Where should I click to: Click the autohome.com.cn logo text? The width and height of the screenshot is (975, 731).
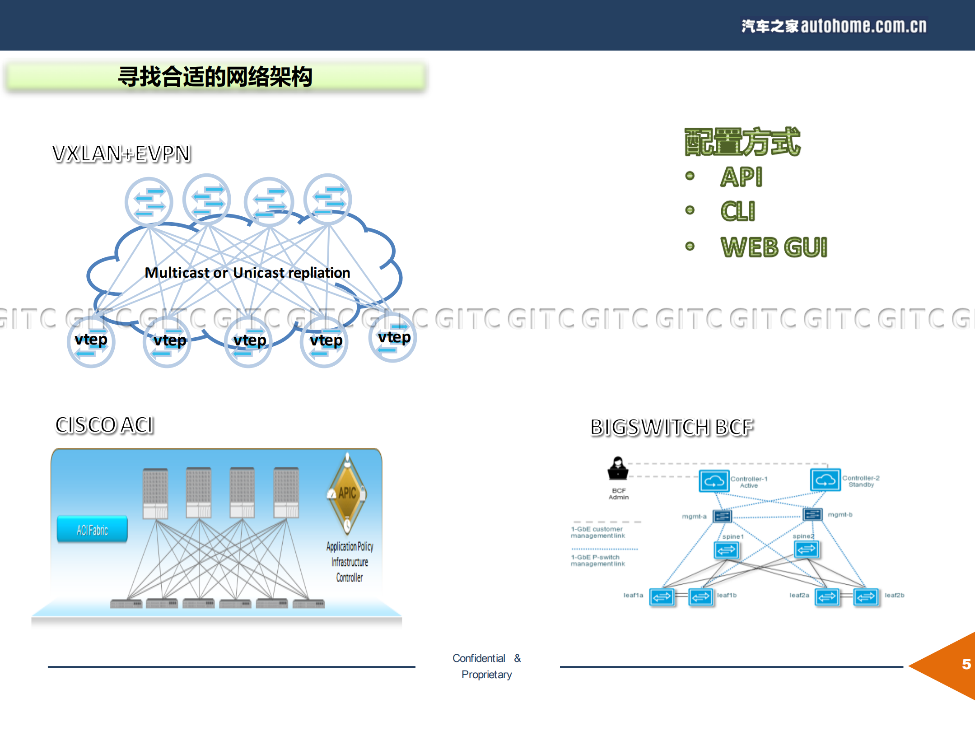pyautogui.click(x=834, y=26)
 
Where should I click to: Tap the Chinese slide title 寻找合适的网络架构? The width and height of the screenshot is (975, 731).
pyautogui.click(x=215, y=76)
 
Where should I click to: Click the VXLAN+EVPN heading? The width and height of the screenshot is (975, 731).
pyautogui.click(x=121, y=154)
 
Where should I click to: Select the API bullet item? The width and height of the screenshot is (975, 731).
pyautogui.click(x=741, y=177)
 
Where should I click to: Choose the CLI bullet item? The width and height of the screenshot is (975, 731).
pyautogui.click(x=737, y=211)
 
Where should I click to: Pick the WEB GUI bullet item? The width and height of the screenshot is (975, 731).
pyautogui.click(x=774, y=247)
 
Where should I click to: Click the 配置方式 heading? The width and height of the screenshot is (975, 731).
pyautogui.click(x=742, y=142)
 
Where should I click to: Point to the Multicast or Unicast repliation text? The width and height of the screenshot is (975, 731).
pyautogui.click(x=247, y=273)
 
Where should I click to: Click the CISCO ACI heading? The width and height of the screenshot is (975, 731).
pyautogui.click(x=104, y=425)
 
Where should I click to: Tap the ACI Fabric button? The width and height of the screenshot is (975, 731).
pyautogui.click(x=92, y=530)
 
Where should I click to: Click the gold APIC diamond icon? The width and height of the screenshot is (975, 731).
pyautogui.click(x=347, y=493)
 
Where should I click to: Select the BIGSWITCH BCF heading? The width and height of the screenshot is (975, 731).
pyautogui.click(x=672, y=427)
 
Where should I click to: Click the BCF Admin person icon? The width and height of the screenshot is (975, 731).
pyautogui.click(x=618, y=469)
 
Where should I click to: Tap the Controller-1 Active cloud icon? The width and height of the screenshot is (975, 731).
pyautogui.click(x=714, y=481)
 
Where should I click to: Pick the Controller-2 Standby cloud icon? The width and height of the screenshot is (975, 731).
pyautogui.click(x=825, y=480)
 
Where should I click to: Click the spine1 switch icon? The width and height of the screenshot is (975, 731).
pyautogui.click(x=726, y=550)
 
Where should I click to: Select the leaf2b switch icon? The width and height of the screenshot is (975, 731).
pyautogui.click(x=866, y=597)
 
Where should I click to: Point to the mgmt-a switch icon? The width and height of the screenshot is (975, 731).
pyautogui.click(x=722, y=516)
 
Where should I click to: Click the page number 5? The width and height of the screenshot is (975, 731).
pyautogui.click(x=966, y=664)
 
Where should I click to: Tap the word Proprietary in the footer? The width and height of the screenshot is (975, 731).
pyautogui.click(x=486, y=675)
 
